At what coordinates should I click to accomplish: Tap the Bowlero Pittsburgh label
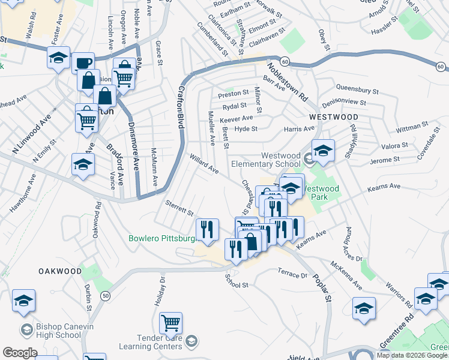tap(162, 238)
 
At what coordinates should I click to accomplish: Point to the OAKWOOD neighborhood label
tap(60, 271)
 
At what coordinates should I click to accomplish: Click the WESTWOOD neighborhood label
tap(333, 117)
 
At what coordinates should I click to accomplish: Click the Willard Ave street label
tap(204, 166)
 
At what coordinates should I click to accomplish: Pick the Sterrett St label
tap(179, 210)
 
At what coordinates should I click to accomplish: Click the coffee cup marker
tap(83, 62)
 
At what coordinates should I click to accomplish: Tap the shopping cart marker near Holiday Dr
tap(170, 323)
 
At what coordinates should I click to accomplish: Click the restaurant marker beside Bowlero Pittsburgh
tap(207, 230)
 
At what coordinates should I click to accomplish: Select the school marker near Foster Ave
tap(58, 58)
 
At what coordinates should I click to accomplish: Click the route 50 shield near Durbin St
tap(106, 296)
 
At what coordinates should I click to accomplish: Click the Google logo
tap(20, 353)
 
